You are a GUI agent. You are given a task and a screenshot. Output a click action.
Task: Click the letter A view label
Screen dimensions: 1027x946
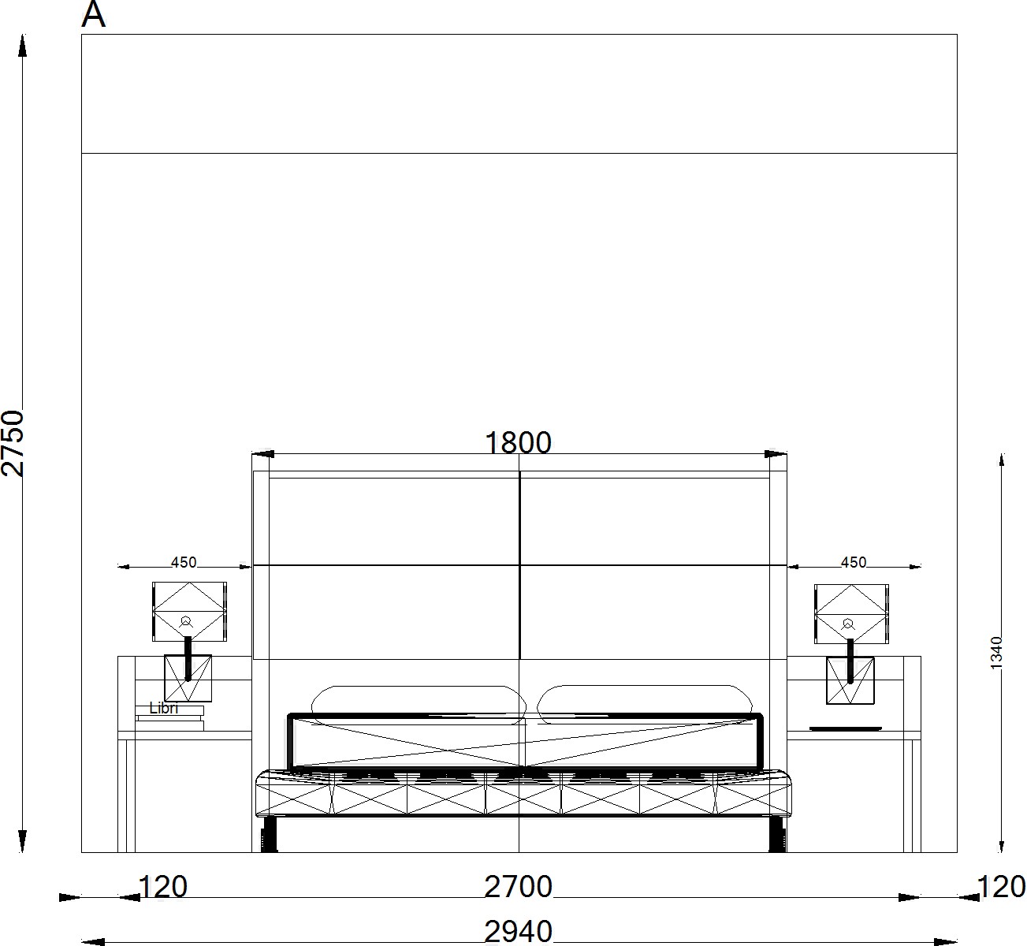coord(94,14)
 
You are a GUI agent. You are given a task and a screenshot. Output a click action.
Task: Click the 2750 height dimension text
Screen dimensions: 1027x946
coord(13,444)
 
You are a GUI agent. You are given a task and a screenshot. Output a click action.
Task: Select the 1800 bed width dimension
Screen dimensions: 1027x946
coord(518,443)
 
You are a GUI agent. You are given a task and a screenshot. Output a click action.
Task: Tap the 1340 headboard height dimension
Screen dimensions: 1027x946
coord(996,653)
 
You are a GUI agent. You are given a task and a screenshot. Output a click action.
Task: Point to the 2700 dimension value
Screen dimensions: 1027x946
coord(518,887)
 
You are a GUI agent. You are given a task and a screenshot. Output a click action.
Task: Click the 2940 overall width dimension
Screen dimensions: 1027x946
coord(518,932)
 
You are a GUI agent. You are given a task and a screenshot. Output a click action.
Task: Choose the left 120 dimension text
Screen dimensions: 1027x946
coord(163,887)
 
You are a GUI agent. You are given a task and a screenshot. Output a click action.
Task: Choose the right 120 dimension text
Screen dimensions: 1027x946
coord(1002,887)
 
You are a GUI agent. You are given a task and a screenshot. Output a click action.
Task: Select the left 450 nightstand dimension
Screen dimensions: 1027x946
coord(184,562)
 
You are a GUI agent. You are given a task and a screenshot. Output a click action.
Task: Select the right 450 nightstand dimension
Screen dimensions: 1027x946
coord(854,562)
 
